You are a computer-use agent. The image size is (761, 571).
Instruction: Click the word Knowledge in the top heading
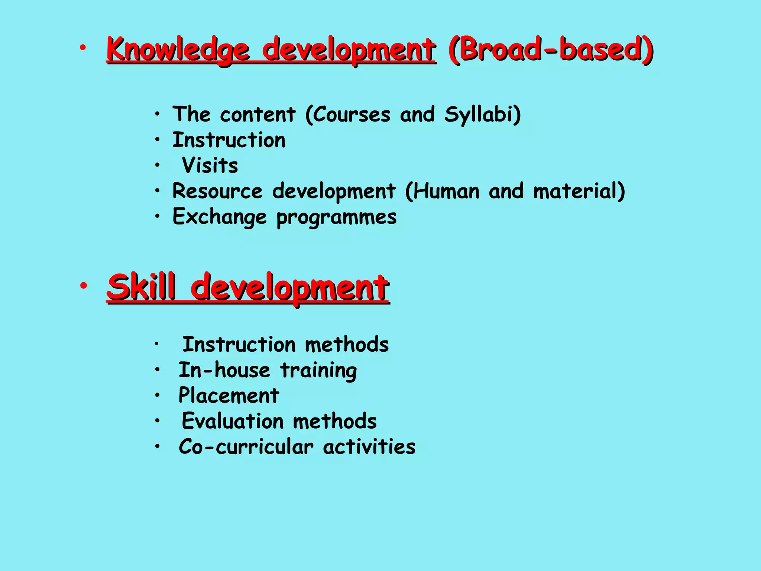(178, 50)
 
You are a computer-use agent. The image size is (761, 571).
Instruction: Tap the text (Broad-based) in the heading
(550, 49)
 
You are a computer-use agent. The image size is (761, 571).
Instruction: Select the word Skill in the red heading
(141, 287)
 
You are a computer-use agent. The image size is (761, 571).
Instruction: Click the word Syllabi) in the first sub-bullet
(483, 114)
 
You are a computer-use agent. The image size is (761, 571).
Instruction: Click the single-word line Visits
(210, 165)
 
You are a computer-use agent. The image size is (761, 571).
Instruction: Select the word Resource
(217, 191)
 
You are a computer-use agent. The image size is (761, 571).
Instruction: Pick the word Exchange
(220, 217)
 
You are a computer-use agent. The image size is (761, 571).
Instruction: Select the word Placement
(229, 395)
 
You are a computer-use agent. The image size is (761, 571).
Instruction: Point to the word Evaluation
(233, 421)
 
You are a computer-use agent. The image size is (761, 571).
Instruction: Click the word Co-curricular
(246, 446)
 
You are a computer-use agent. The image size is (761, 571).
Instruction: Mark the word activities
(369, 446)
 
